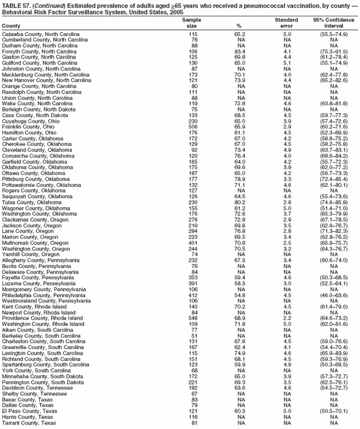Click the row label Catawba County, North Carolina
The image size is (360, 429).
(40, 34)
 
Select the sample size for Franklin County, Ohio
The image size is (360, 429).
(193, 127)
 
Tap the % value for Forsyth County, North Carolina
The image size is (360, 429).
(240, 52)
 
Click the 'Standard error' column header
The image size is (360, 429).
(286, 23)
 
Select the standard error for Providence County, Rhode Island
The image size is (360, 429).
(287, 318)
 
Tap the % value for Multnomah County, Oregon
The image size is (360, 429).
(240, 242)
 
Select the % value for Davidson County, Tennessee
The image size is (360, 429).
(240, 387)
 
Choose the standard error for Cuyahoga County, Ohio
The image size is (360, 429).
(287, 121)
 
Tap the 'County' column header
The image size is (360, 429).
(11, 26)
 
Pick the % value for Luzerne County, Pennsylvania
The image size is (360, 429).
(240, 283)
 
